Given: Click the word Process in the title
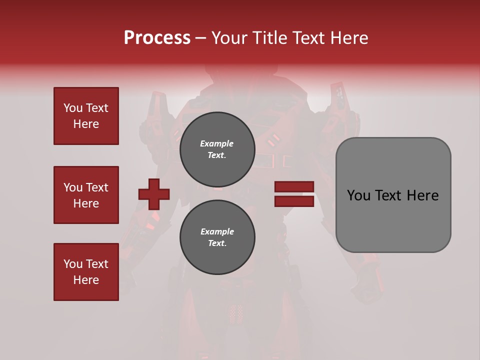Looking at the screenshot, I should pyautogui.click(x=157, y=38).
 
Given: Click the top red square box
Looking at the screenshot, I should pyautogui.click(x=86, y=116).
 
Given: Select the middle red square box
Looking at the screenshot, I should pyautogui.click(x=86, y=195).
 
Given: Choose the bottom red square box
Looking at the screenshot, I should pyautogui.click(x=86, y=271).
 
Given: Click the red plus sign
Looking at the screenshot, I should pyautogui.click(x=154, y=194).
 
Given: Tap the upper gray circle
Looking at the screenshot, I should pyautogui.click(x=217, y=149).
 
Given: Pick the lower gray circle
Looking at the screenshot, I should pyautogui.click(x=217, y=237).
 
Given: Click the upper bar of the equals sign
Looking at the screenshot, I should pyautogui.click(x=294, y=187).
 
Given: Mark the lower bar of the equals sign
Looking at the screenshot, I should pyautogui.click(x=294, y=201).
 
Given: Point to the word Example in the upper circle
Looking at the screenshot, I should pyautogui.click(x=217, y=143).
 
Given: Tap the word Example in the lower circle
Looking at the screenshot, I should pyautogui.click(x=217, y=231).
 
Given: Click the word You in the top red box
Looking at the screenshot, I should pyautogui.click(x=72, y=108).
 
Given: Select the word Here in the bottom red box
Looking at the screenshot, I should pyautogui.click(x=86, y=280).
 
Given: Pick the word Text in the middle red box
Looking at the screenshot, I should pyautogui.click(x=96, y=187).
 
